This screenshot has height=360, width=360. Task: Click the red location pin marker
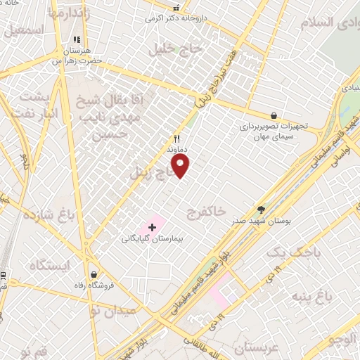tap(181, 165)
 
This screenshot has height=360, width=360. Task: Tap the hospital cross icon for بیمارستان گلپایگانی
tap(152, 228)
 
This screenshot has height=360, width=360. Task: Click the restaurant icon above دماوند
tap(177, 139)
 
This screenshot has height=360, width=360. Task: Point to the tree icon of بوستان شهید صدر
tap(262, 209)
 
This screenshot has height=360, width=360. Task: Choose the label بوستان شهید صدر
tap(262, 221)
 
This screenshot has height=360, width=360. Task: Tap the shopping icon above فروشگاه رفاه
tap(94, 274)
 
